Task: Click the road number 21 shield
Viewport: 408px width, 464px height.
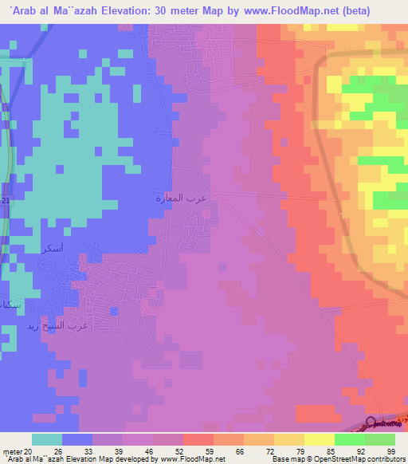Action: (5, 201)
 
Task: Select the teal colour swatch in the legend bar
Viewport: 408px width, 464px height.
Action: (47, 439)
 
